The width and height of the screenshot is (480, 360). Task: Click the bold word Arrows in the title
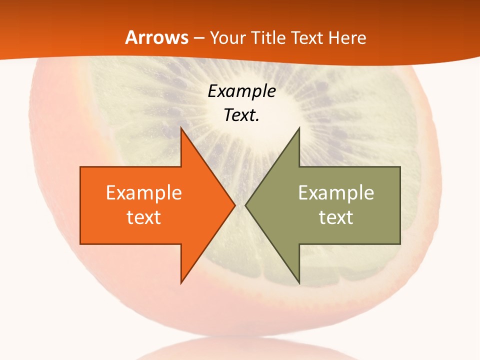[157, 37]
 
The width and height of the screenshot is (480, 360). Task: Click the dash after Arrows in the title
[198, 38]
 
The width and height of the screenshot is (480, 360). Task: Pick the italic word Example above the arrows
[241, 91]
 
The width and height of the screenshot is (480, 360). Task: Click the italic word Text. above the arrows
[241, 115]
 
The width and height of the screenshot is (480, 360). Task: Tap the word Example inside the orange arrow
[143, 193]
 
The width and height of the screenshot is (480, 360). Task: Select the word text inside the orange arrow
[143, 217]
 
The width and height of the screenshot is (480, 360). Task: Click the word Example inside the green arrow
[336, 193]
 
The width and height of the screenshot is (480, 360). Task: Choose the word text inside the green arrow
[336, 217]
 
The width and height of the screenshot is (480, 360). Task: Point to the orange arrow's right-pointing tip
[234, 205]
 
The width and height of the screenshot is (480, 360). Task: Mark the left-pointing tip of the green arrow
[245, 205]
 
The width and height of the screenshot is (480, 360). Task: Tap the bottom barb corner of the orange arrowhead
[181, 282]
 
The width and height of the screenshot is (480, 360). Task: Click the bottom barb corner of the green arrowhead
[299, 283]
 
